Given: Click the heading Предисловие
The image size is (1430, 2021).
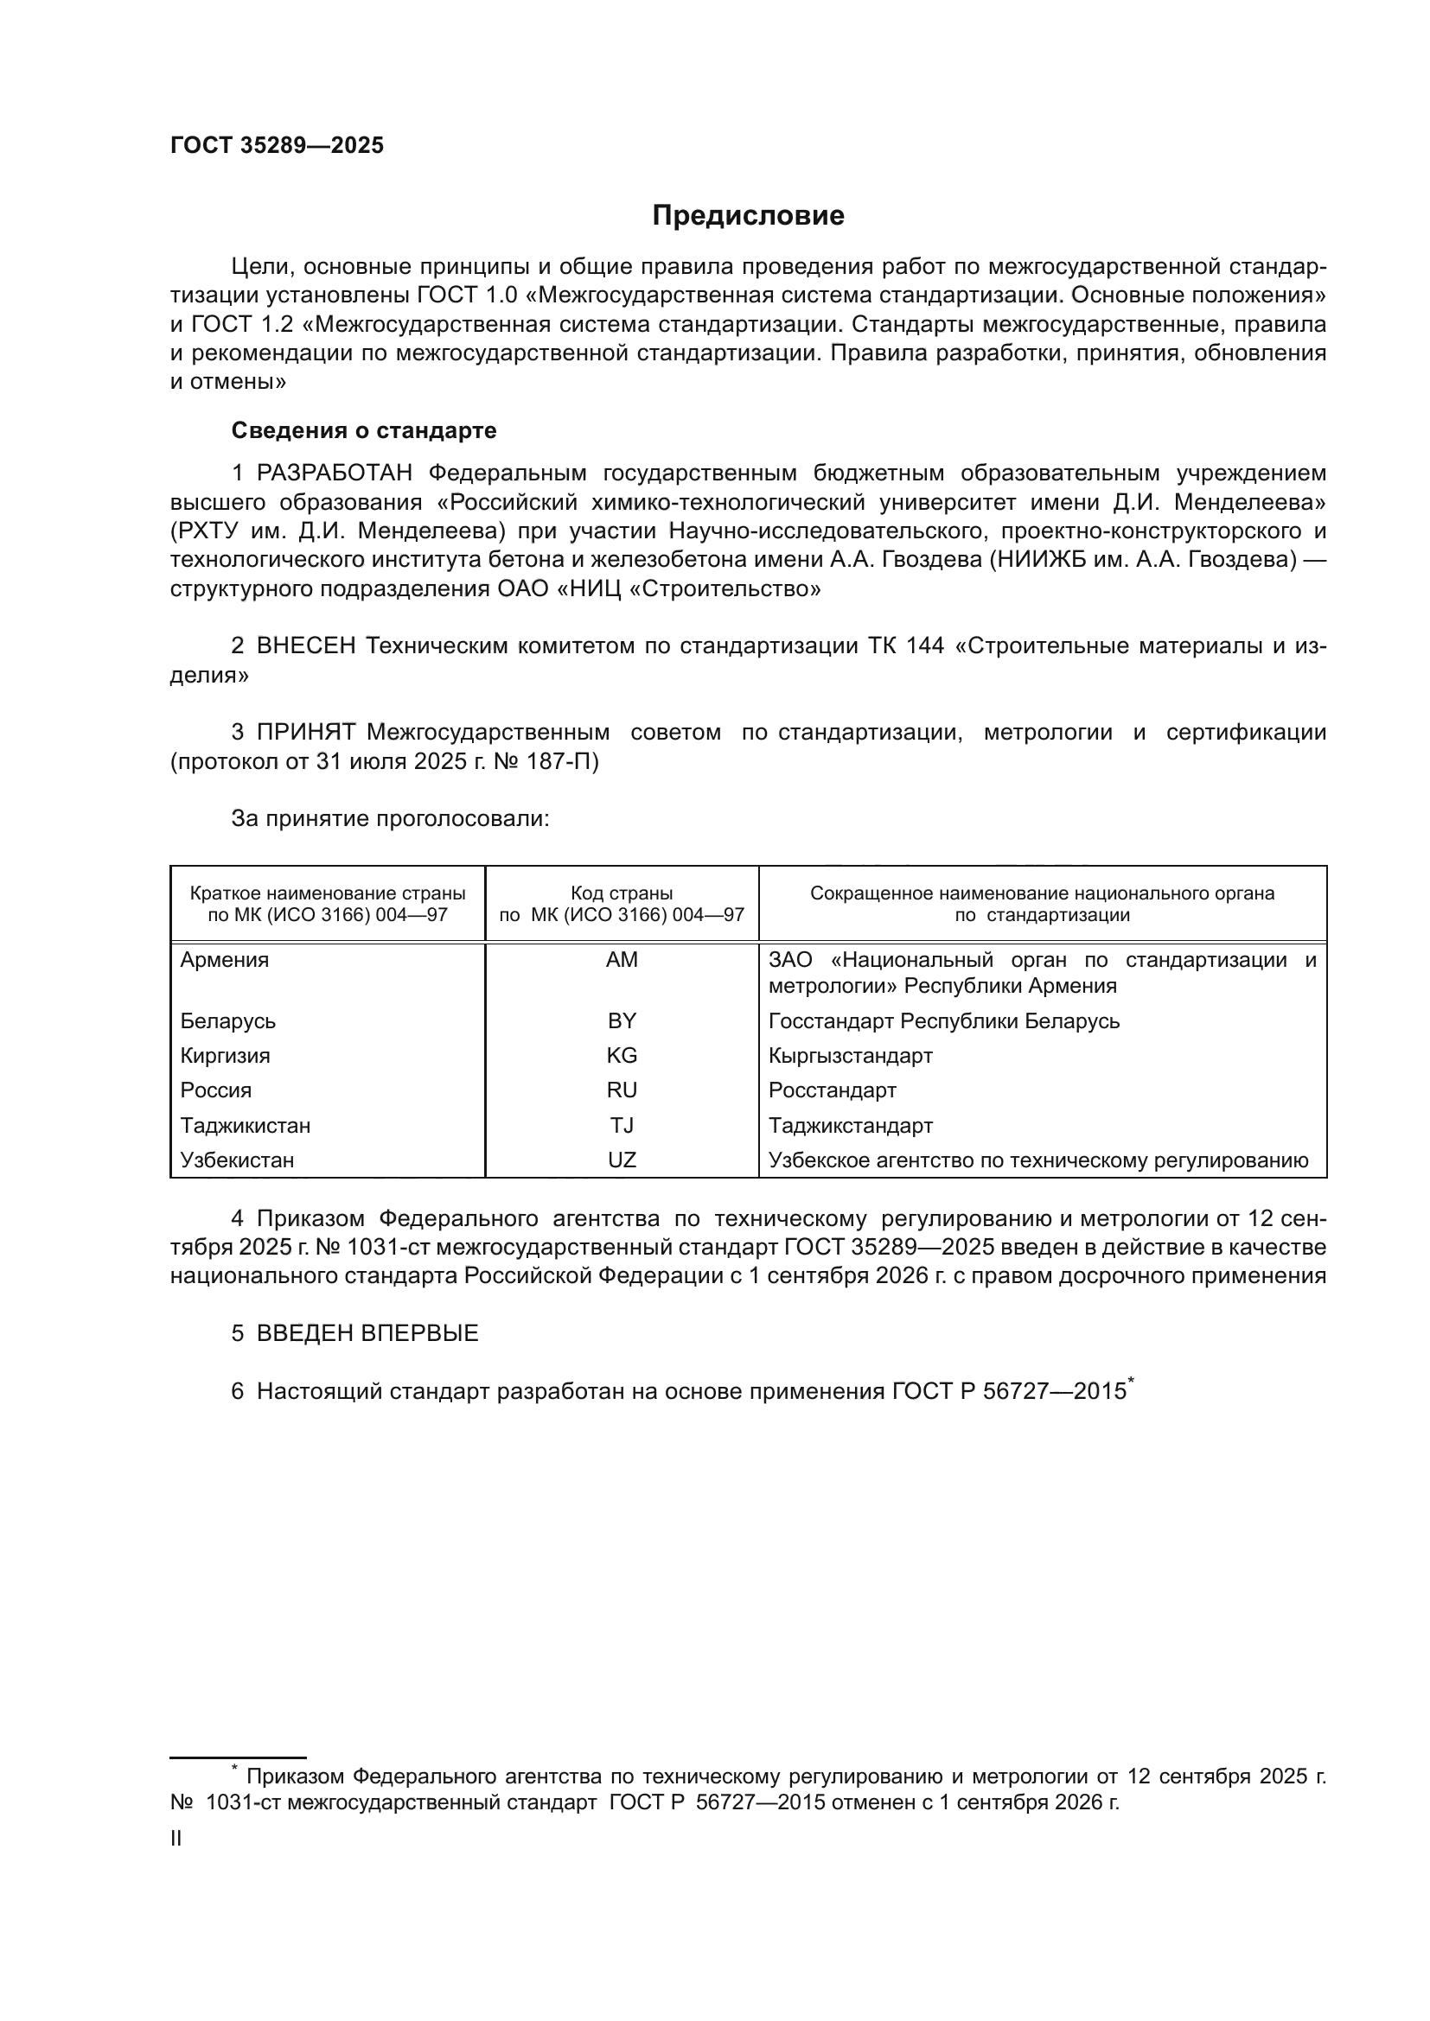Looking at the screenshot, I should [x=748, y=216].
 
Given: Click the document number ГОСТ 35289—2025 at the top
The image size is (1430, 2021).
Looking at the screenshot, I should [x=277, y=146].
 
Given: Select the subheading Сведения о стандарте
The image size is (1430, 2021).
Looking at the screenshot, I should [x=364, y=430].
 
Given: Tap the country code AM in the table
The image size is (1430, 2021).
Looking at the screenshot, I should [x=622, y=959].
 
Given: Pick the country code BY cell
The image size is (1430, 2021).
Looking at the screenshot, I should [x=622, y=1021].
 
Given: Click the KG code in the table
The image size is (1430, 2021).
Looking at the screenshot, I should [x=622, y=1055].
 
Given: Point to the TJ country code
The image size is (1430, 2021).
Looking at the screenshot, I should [x=622, y=1126].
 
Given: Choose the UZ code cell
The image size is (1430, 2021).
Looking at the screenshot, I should [x=622, y=1160].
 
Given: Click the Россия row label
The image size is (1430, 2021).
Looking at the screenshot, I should [x=216, y=1090].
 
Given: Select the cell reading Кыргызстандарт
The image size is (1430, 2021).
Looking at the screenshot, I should [x=850, y=1055].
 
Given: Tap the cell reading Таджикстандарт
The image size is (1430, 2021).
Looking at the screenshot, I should [x=851, y=1126].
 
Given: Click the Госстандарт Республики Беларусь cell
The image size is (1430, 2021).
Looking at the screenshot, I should [x=944, y=1021].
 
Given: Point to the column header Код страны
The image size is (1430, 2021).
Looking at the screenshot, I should [x=622, y=893].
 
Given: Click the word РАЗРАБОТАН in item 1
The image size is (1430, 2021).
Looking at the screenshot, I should [x=335, y=473].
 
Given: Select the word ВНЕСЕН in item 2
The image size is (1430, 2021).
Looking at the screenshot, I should [x=306, y=646].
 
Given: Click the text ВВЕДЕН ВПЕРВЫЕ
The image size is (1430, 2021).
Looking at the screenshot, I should [x=367, y=1333].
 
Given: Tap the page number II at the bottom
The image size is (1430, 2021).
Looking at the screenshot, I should [x=176, y=1839].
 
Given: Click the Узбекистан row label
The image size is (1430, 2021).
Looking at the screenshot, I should [x=237, y=1160].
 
